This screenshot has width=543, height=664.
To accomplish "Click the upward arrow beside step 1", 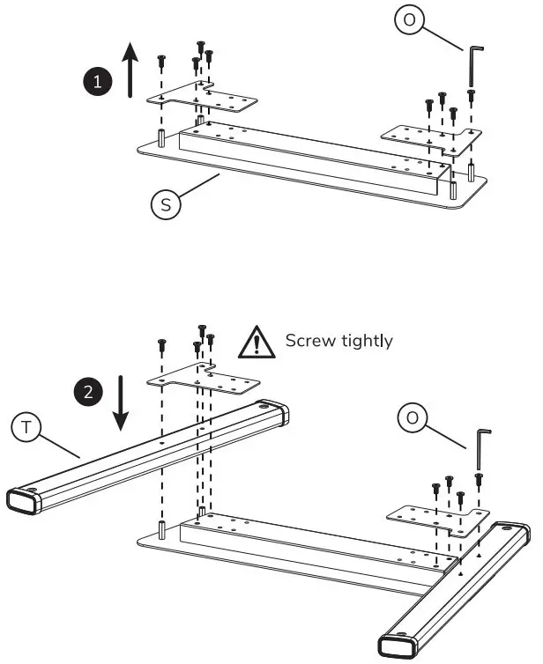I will (x=130, y=70).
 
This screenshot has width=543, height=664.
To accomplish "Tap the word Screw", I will (x=309, y=341).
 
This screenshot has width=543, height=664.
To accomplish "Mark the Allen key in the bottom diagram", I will (x=481, y=449).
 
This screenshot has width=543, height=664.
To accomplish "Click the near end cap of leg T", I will (x=26, y=501).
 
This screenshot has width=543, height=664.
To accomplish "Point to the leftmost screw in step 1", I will (x=162, y=61).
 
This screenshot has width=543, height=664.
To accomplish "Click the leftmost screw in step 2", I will (x=162, y=344).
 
